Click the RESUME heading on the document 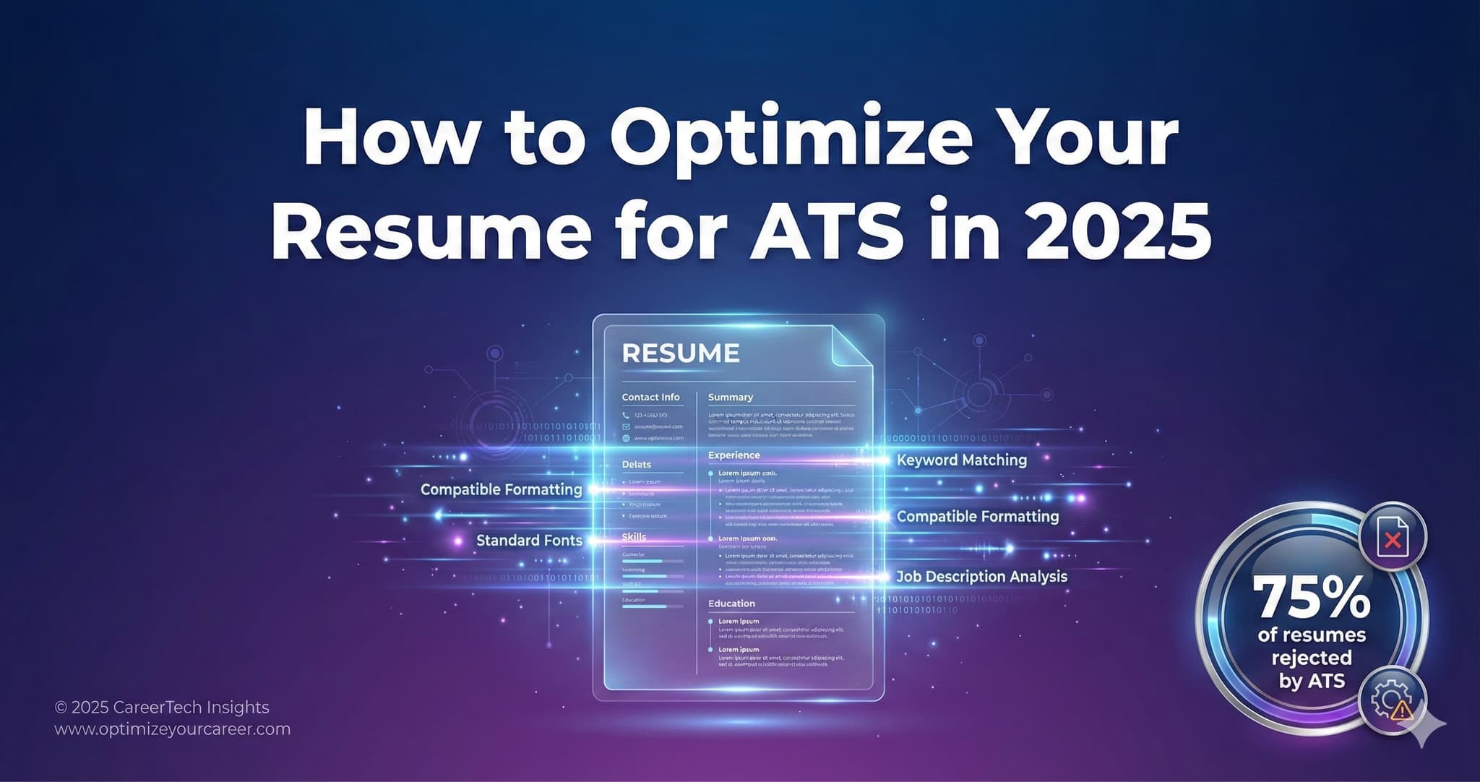(x=681, y=353)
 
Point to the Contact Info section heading (x=650, y=397)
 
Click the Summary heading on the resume (x=731, y=397)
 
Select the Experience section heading (x=733, y=455)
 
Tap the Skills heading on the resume (x=634, y=537)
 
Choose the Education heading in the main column (x=731, y=603)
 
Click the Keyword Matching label (x=961, y=460)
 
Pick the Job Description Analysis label (x=981, y=577)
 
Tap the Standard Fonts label (x=529, y=541)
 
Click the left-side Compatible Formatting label (x=501, y=490)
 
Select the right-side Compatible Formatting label (x=977, y=517)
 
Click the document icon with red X (x=1392, y=537)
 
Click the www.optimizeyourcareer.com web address (x=173, y=729)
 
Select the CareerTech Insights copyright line (x=162, y=708)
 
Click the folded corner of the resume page (x=852, y=346)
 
